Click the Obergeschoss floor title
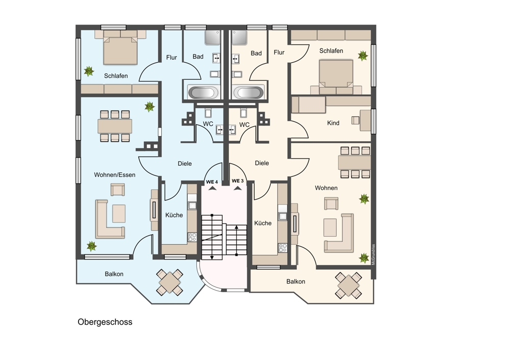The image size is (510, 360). (x=105, y=322)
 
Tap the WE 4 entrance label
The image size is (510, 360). (x=212, y=182)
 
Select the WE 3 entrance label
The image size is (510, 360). (x=238, y=181)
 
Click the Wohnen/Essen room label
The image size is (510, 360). (x=114, y=175)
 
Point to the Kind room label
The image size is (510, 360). (x=333, y=123)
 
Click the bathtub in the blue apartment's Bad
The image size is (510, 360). (x=203, y=92)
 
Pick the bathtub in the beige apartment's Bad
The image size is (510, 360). (x=248, y=92)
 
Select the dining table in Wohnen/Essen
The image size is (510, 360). (x=115, y=126)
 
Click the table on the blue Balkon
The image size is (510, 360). (x=169, y=282)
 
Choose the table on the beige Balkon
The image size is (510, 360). (x=348, y=285)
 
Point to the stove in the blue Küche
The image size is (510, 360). (x=192, y=237)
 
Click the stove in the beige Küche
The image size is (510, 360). (x=283, y=248)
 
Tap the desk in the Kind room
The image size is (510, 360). (x=365, y=121)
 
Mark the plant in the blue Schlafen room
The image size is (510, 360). (x=88, y=71)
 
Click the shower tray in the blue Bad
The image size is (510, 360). (x=213, y=38)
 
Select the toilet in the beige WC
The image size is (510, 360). (x=244, y=113)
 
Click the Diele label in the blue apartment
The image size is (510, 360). (x=185, y=164)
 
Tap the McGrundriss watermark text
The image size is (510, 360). (x=373, y=254)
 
